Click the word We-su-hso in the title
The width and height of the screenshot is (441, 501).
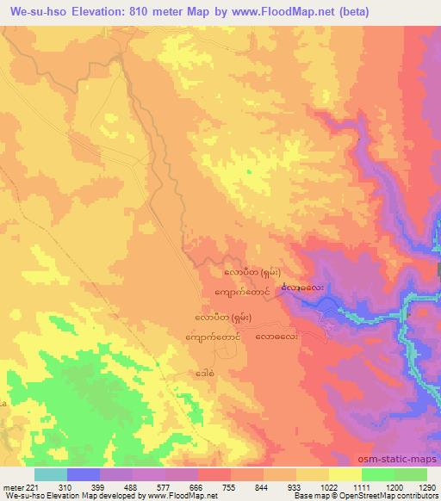click(x=39, y=12)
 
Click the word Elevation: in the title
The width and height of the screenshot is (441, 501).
click(x=108, y=12)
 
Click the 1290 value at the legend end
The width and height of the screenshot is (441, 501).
click(x=426, y=486)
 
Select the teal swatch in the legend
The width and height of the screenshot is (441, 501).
click(x=50, y=474)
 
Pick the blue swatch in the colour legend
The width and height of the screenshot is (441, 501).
click(x=83, y=474)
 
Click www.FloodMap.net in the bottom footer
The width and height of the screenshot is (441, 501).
click(x=175, y=496)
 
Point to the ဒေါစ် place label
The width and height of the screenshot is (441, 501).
click(x=203, y=374)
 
